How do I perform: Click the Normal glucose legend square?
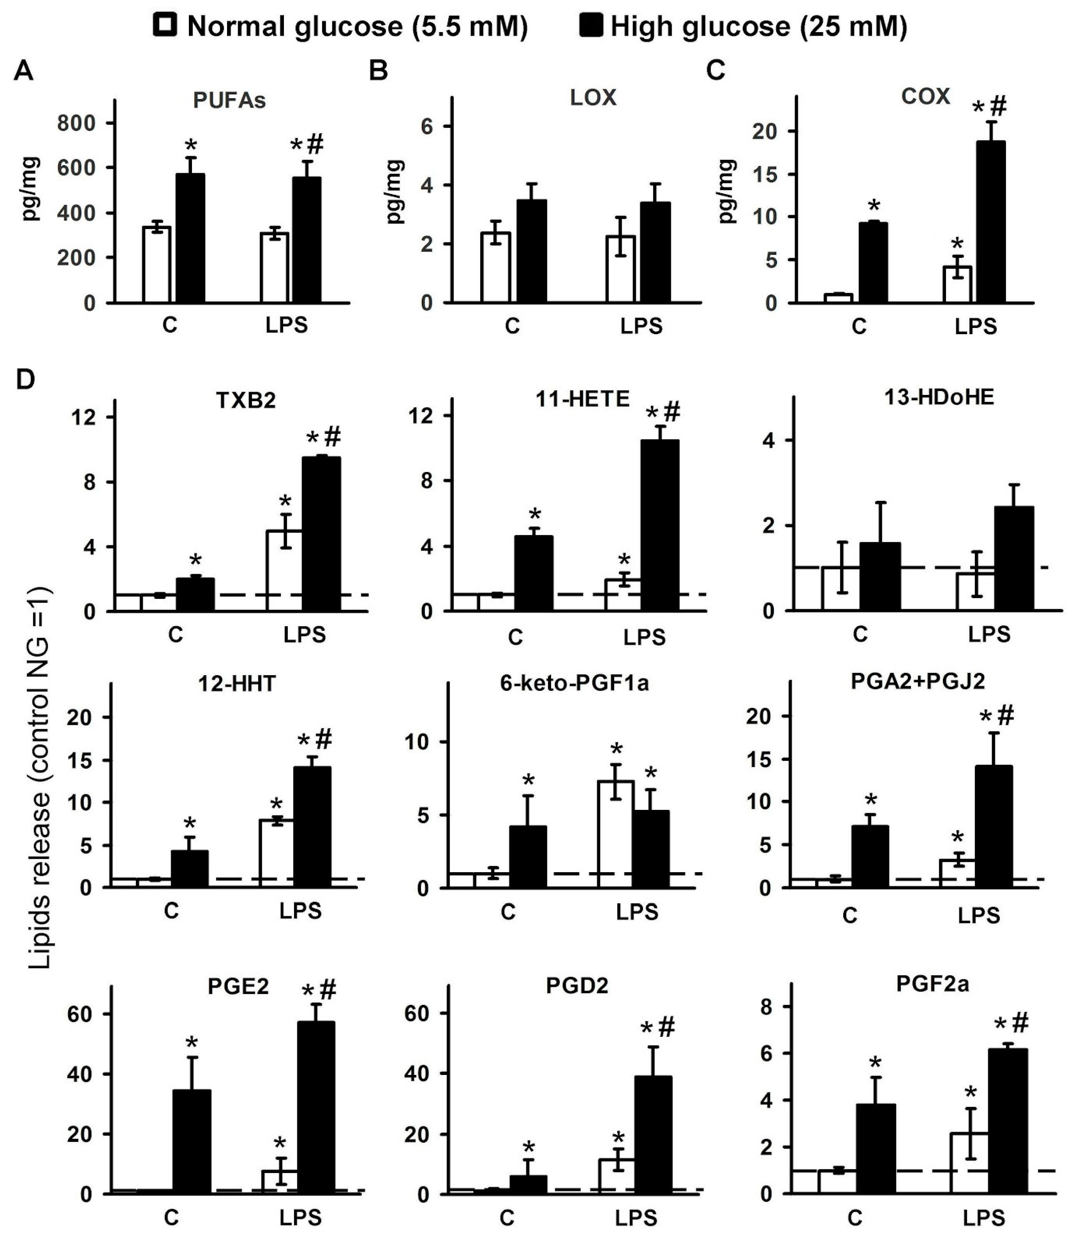coord(165,26)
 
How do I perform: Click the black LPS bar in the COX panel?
coord(990,222)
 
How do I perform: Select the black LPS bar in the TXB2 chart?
coord(321,534)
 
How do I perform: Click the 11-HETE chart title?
coord(582,399)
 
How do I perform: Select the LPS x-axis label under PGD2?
coord(636,1218)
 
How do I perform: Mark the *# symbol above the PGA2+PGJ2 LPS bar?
coord(996,716)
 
